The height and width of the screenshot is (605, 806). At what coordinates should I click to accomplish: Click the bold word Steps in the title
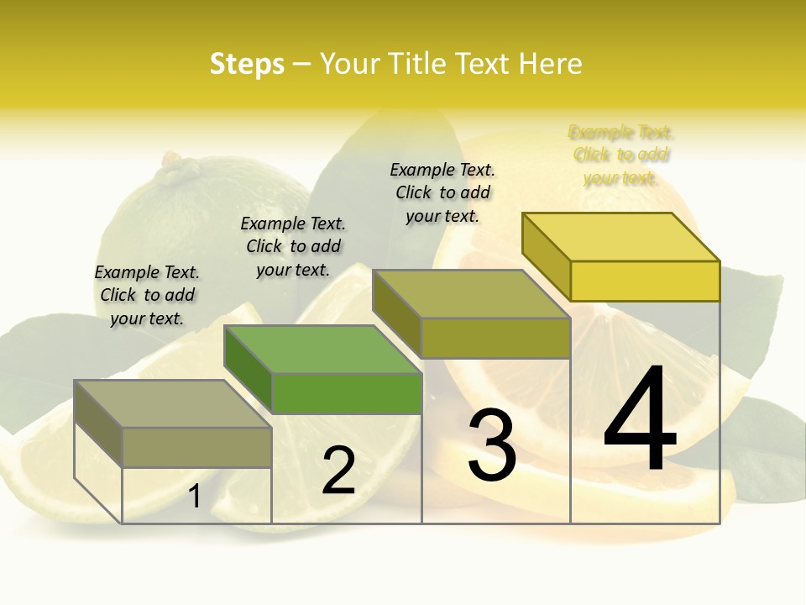coord(247,64)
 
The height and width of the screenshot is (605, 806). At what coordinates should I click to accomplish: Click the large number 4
coord(640,419)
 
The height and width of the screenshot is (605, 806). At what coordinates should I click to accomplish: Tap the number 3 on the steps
coord(491,445)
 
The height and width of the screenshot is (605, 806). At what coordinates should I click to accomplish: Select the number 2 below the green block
coord(338,471)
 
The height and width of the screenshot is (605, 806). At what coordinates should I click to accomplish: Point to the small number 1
coord(195,497)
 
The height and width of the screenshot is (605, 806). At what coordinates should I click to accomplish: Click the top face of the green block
coord(322,349)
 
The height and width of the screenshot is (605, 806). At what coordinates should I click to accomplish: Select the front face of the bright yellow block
coord(645,281)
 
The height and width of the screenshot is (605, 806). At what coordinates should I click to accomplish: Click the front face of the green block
coord(347,393)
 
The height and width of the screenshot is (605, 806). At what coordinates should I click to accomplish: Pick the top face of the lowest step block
coord(173,403)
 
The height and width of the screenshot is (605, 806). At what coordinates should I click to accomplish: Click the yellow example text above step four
coord(621,155)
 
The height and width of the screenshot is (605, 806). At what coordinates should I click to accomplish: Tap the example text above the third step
coord(442,192)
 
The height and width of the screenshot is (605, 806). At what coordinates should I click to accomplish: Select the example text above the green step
coord(293,246)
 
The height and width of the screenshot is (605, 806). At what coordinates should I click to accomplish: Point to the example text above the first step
coord(147,295)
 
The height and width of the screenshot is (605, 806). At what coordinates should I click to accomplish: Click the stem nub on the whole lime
coord(178,169)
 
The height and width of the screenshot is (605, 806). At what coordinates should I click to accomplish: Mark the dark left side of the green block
coord(249,370)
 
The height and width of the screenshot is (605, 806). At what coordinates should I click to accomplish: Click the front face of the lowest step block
coord(197,447)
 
